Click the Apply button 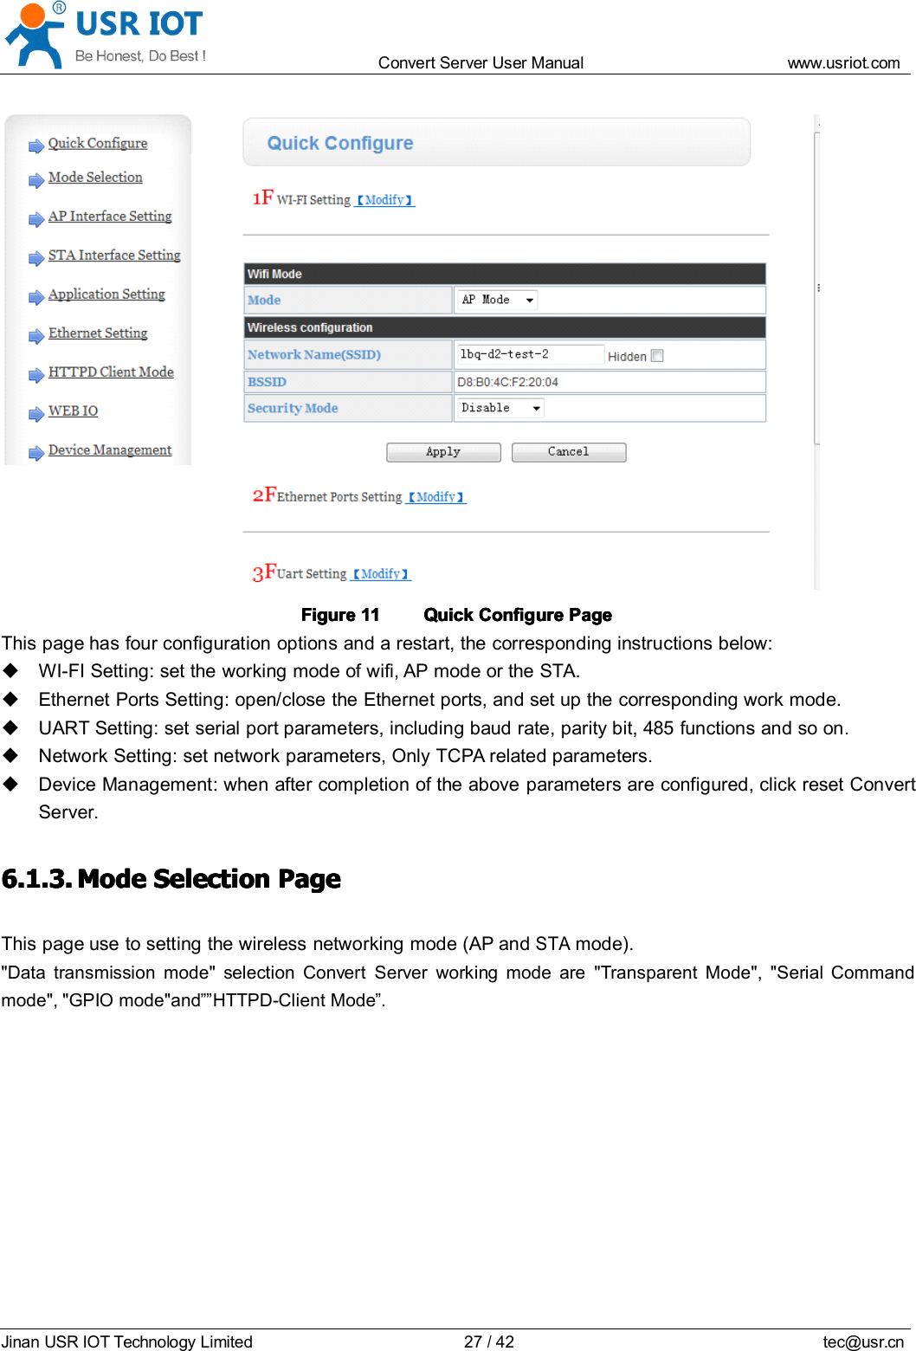[x=443, y=452]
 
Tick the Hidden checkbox [x=657, y=356]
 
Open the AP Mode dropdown [x=497, y=301]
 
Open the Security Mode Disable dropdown [x=500, y=408]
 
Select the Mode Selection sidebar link [x=95, y=178]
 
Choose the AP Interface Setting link [x=110, y=217]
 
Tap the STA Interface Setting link [x=114, y=255]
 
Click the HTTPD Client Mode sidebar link [x=111, y=372]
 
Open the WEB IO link [x=73, y=411]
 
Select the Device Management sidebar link [x=110, y=450]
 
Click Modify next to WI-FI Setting [x=384, y=200]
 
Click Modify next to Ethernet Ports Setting [x=436, y=497]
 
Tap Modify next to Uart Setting [x=381, y=574]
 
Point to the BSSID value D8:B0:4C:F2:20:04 [x=507, y=382]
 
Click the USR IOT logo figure [x=35, y=35]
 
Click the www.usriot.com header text [x=843, y=63]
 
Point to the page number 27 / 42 [x=488, y=1341]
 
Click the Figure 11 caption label [x=340, y=615]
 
